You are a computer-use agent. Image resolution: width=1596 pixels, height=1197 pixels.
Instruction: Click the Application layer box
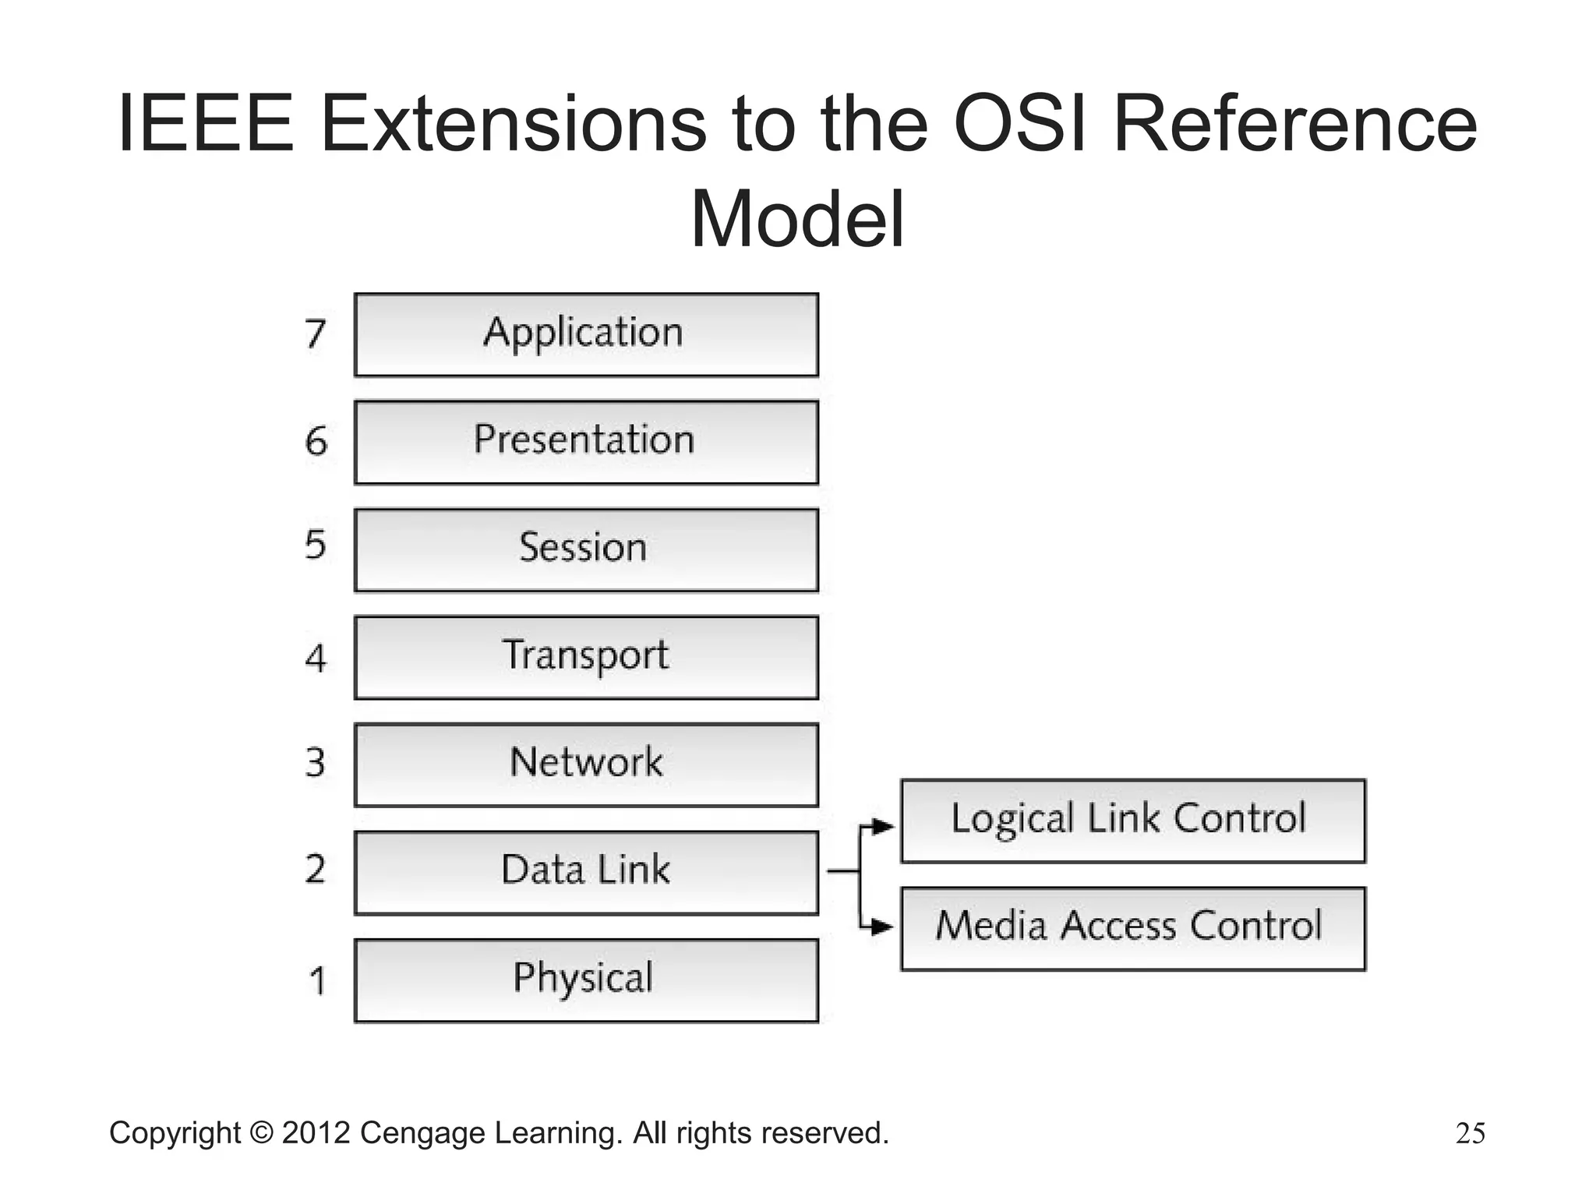(x=586, y=335)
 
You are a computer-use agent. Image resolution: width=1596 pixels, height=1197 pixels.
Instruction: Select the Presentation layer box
(x=586, y=442)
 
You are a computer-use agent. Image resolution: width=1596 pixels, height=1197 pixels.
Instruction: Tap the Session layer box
(x=586, y=549)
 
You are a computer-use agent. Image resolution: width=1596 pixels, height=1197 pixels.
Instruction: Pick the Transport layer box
(x=586, y=657)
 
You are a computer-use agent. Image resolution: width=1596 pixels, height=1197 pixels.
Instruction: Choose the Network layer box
(x=586, y=764)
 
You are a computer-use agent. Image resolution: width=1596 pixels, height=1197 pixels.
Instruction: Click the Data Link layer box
(x=586, y=872)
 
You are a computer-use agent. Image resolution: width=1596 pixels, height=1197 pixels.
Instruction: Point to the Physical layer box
(x=586, y=980)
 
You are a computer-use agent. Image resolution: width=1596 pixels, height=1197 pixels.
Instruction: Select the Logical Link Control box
(x=1132, y=821)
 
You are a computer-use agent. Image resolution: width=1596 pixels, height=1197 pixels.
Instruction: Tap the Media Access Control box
(x=1132, y=928)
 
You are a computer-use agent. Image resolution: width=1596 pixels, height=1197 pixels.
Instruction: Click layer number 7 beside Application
(x=315, y=334)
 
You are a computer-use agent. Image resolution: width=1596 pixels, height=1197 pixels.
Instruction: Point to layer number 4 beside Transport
(x=315, y=659)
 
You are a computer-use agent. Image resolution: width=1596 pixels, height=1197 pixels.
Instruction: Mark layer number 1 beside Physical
(x=316, y=981)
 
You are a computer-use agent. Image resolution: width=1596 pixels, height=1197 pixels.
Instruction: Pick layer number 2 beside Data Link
(x=315, y=869)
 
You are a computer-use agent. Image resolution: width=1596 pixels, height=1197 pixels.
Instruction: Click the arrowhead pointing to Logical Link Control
(x=884, y=826)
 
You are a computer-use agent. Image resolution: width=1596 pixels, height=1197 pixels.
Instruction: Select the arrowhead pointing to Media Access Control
(x=884, y=927)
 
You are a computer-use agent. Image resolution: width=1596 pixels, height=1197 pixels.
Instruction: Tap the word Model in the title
(x=797, y=220)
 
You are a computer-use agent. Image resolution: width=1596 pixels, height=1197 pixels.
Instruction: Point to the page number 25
(x=1470, y=1133)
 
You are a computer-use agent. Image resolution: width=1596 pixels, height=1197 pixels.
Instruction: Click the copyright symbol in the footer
(x=261, y=1133)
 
